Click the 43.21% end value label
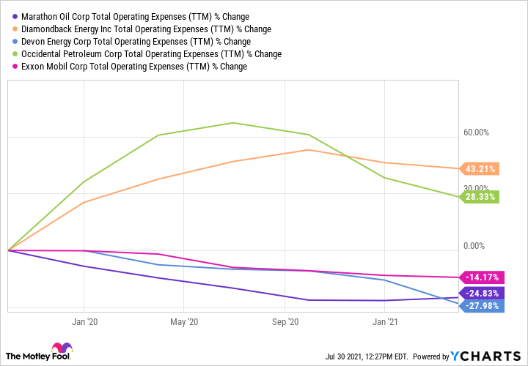pyautogui.click(x=480, y=169)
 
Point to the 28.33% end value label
pyautogui.click(x=480, y=196)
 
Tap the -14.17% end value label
pyautogui.click(x=482, y=277)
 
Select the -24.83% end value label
pyautogui.click(x=482, y=293)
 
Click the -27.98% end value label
pyautogui.click(x=482, y=305)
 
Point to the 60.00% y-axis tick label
pyautogui.click(x=476, y=132)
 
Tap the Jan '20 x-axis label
pyautogui.click(x=85, y=321)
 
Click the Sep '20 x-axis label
pyautogui.click(x=285, y=321)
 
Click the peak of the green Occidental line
pyautogui.click(x=233, y=122)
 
